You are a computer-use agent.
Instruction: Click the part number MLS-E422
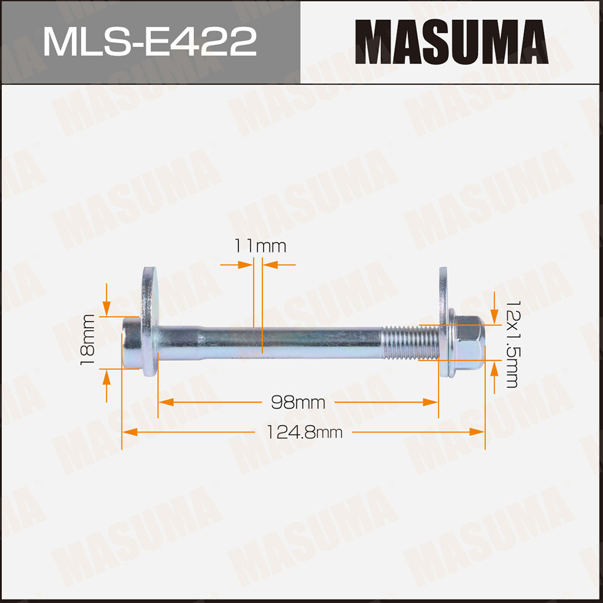coord(150,41)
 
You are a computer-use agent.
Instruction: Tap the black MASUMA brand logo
coord(451,42)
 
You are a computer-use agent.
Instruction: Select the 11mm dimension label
coord(260,246)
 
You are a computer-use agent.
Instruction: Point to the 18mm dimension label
coord(88,340)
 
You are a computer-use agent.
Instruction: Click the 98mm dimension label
coord(298,403)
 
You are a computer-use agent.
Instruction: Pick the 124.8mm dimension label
coord(304,432)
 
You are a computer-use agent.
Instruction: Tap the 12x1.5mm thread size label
coord(512,344)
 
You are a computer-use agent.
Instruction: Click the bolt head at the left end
coord(132,343)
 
